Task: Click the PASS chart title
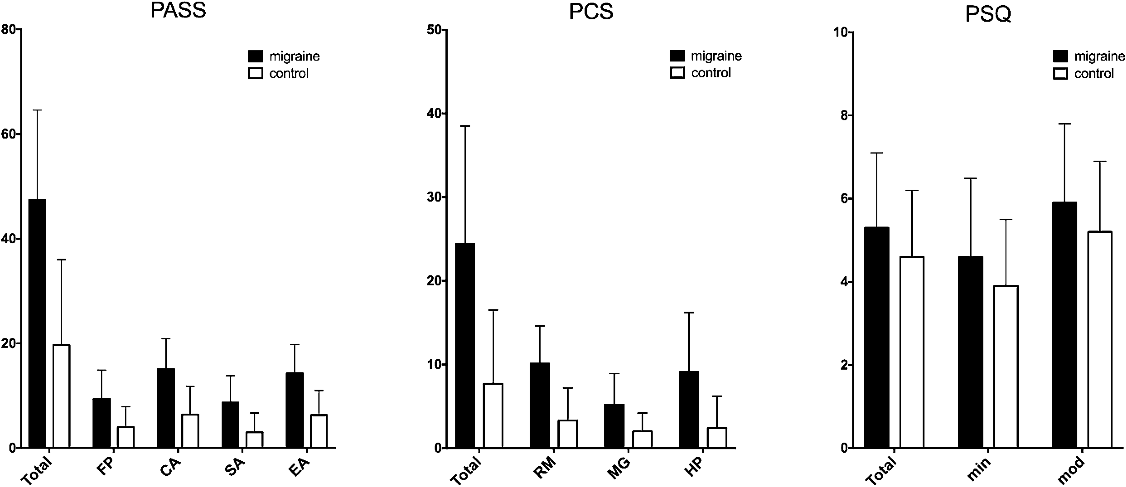pyautogui.click(x=178, y=11)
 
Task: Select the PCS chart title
pyautogui.click(x=591, y=12)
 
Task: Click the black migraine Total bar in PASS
pyautogui.click(x=37, y=324)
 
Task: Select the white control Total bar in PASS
pyautogui.click(x=61, y=396)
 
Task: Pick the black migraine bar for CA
pyautogui.click(x=166, y=408)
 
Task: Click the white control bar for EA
pyautogui.click(x=319, y=431)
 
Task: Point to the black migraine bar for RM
pyautogui.click(x=540, y=405)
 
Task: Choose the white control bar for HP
pyautogui.click(x=717, y=438)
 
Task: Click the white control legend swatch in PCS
pyautogui.click(x=677, y=73)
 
